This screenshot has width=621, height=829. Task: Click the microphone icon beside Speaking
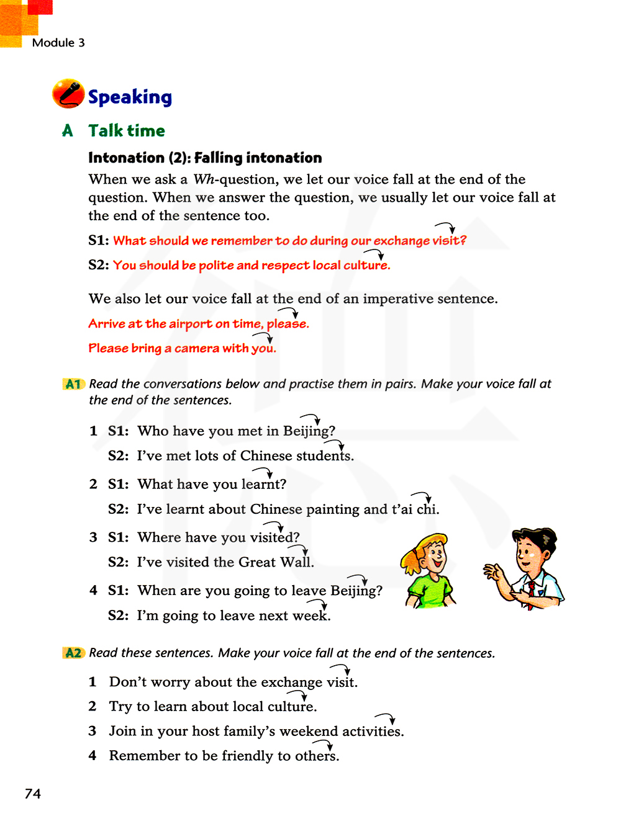coord(68,94)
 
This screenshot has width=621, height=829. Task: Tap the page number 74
coord(33,794)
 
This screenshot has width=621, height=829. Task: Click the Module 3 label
coord(58,43)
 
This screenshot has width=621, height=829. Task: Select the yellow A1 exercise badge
coord(73,384)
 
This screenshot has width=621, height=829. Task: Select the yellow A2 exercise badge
coord(73,653)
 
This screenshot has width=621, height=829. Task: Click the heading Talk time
coord(127,131)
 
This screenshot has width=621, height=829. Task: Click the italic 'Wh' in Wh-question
coord(204,179)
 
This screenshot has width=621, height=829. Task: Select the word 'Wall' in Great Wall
coord(295,562)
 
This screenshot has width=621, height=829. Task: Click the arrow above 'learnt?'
coord(263,472)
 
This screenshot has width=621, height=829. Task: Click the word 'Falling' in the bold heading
coord(217,158)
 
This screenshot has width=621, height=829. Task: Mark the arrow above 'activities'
coord(386,718)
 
